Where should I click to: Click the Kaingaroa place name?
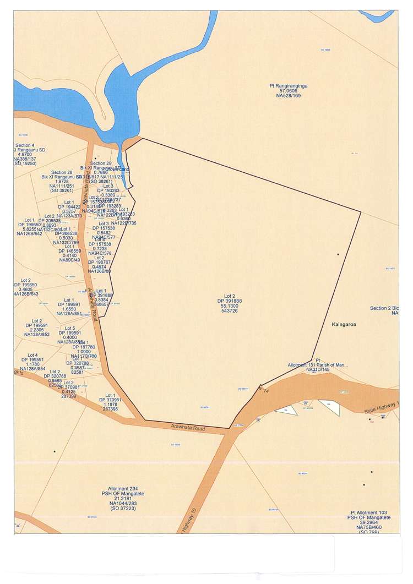tap(344, 325)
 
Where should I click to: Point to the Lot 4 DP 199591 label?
tap(32, 362)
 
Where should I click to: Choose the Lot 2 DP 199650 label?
tap(25, 287)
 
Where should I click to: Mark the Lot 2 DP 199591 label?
tap(37, 328)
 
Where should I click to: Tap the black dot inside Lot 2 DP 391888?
tap(338, 254)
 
